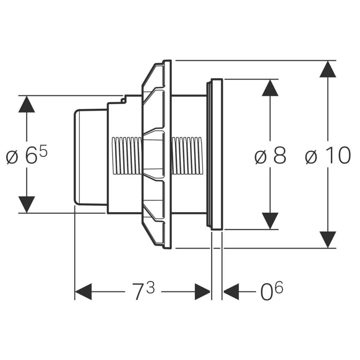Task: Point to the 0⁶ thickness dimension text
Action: point(272,291)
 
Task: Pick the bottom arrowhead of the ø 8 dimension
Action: point(270,221)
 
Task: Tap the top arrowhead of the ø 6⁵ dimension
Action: point(27,104)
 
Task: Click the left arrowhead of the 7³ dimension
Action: point(84,292)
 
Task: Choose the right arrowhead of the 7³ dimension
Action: point(202,292)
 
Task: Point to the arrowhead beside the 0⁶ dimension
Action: point(231,292)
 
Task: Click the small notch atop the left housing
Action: point(123,99)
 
